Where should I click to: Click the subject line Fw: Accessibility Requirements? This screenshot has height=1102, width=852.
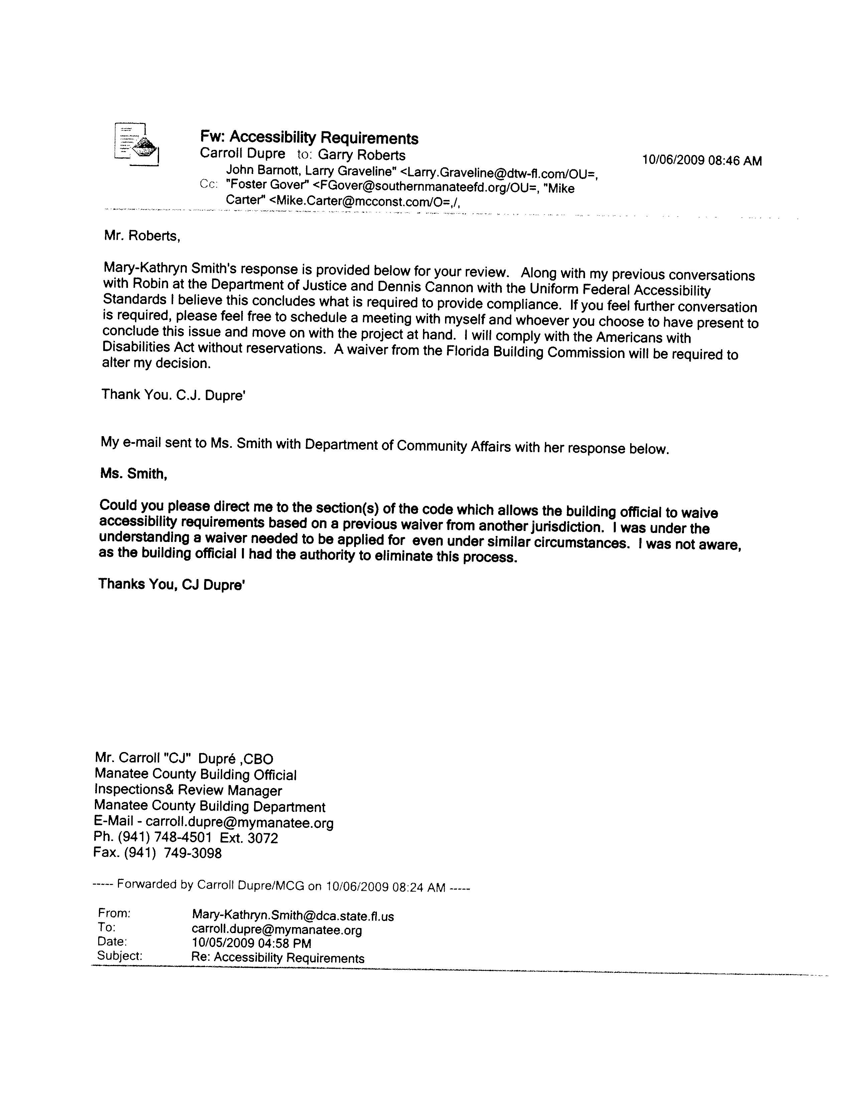309,137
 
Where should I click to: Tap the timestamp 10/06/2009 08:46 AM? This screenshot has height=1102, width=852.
702,160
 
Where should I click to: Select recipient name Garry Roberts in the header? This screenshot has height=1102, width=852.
362,155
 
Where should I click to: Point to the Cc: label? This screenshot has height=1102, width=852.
208,185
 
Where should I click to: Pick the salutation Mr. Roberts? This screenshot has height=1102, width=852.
142,236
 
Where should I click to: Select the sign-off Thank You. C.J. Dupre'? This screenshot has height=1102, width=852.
174,395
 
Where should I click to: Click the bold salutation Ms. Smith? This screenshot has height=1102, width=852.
134,474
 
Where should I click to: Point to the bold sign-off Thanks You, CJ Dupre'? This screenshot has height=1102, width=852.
172,584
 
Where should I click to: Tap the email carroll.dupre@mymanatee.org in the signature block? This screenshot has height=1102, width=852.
239,823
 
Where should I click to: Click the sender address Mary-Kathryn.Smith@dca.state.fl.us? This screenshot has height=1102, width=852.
293,916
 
